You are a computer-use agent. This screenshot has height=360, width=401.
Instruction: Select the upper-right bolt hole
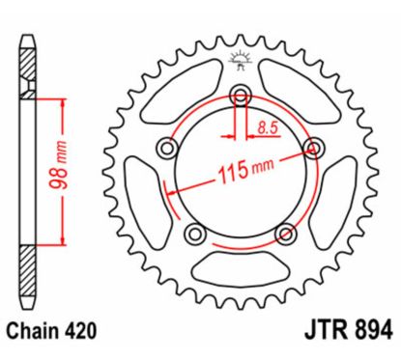[x=312, y=147]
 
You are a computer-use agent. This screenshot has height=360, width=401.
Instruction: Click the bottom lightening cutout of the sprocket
[x=241, y=266]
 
